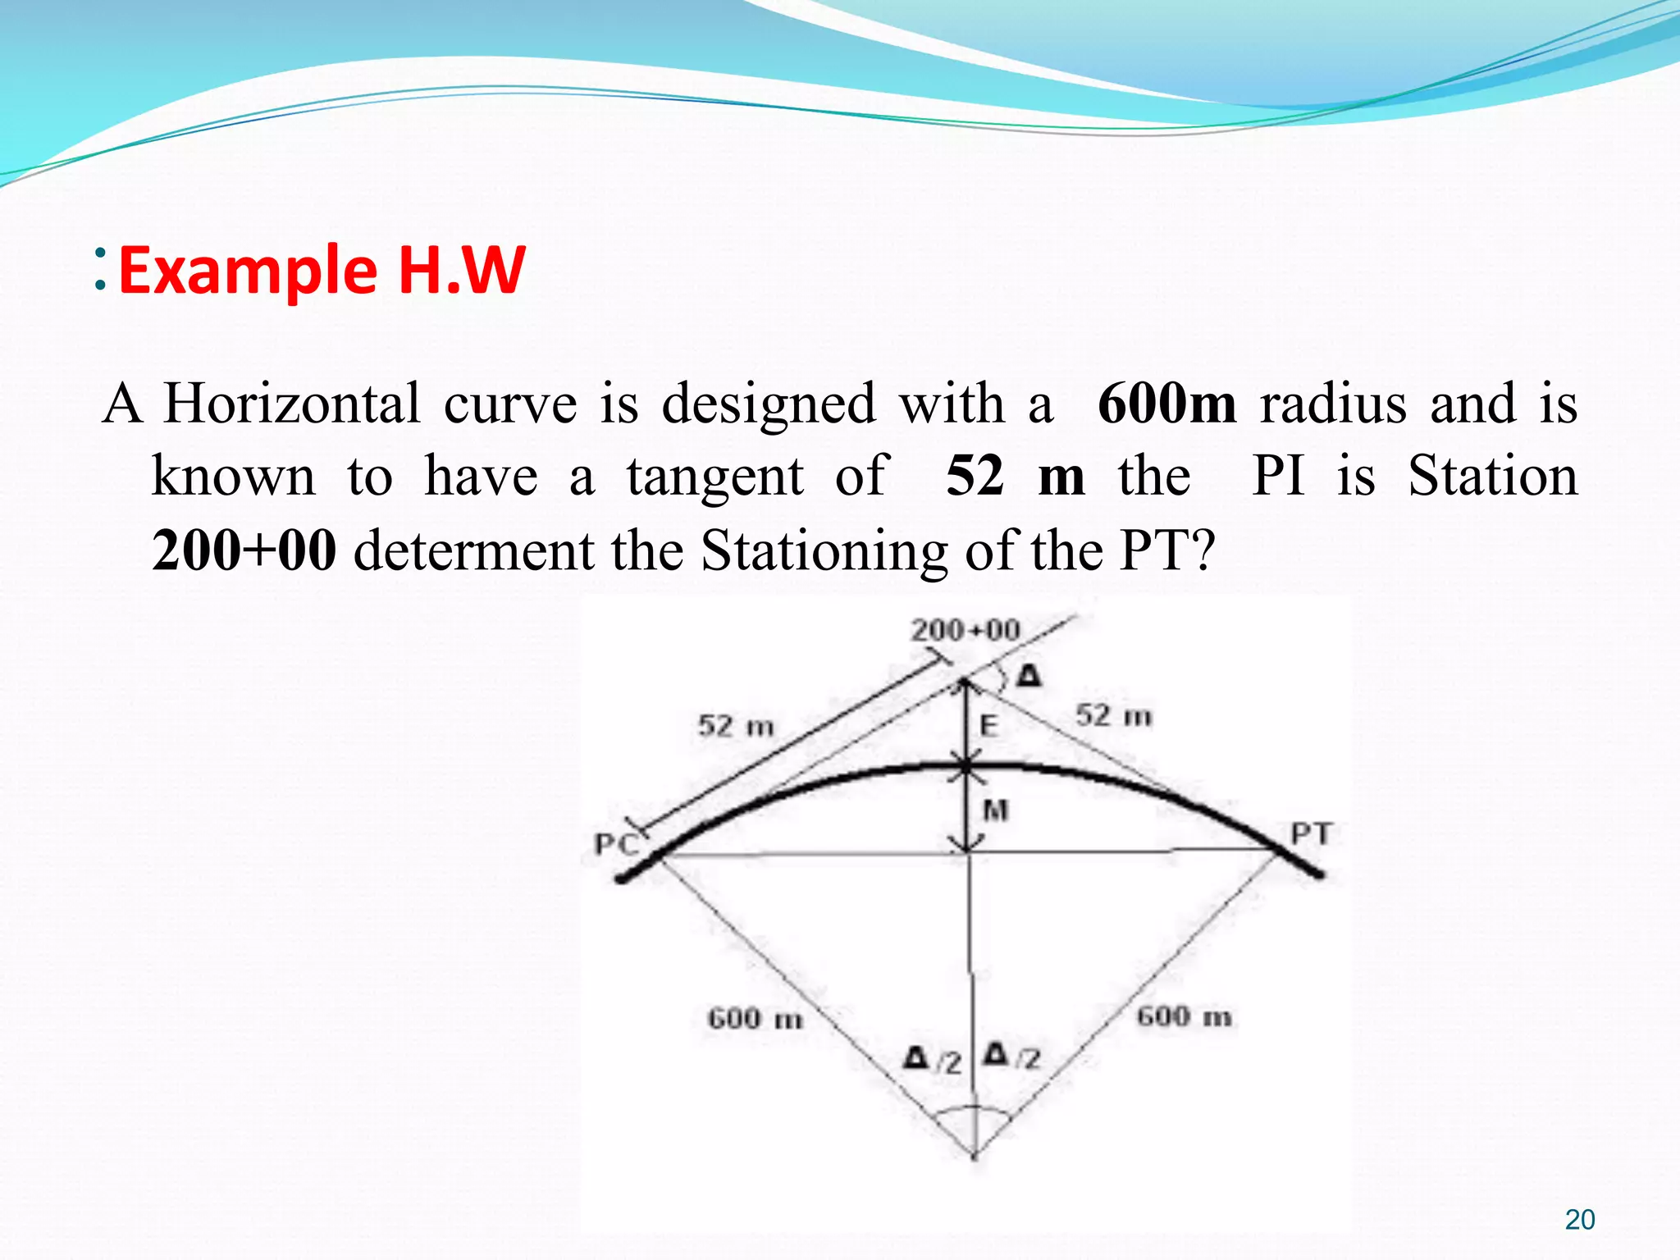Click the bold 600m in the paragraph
coord(1166,404)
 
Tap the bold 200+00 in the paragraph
coord(244,550)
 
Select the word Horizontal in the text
coord(292,404)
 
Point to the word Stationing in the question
coord(824,550)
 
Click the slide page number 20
coord(1579,1220)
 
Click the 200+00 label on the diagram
coord(966,630)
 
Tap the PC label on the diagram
coord(616,843)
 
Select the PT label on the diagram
coord(1311,833)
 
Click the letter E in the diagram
coord(989,725)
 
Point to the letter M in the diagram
coord(995,810)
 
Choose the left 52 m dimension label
coord(736,725)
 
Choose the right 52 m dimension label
coord(1113,715)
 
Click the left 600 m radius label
coord(755,1018)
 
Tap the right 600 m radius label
coord(1184,1016)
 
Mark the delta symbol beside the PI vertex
coord(1029,676)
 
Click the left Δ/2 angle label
coord(932,1059)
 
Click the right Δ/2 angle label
coord(1012,1057)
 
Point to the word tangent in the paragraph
coord(715,477)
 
